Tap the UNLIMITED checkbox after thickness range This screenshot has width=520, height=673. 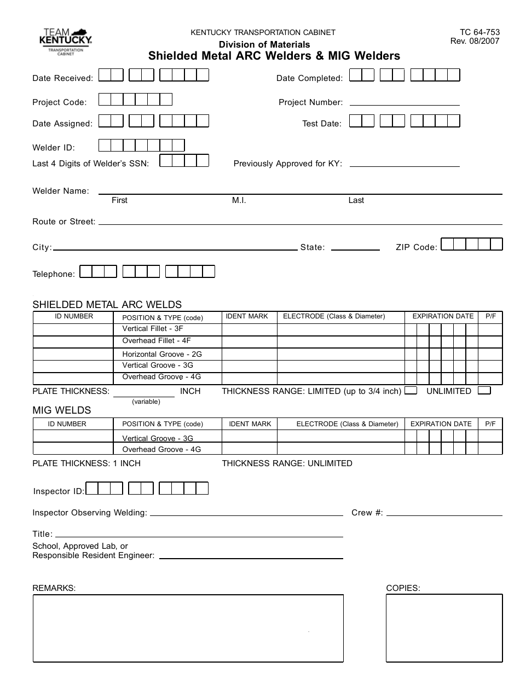[x=484, y=391]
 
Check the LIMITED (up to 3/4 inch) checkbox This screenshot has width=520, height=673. [x=411, y=391]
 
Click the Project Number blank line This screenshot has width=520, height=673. [x=404, y=102]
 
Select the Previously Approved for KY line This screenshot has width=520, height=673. [x=404, y=164]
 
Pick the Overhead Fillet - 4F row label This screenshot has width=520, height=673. [x=156, y=341]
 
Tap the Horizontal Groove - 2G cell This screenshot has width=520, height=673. [x=161, y=354]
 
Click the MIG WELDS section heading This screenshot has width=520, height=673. [x=62, y=410]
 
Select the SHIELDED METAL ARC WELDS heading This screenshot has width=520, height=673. [x=107, y=305]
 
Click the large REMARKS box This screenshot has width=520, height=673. [x=188, y=628]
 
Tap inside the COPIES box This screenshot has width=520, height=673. [x=444, y=628]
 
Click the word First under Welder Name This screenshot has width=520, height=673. [x=119, y=200]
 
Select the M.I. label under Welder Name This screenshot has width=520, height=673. [x=239, y=200]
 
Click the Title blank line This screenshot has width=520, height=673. [x=199, y=535]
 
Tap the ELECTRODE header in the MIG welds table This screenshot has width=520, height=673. [x=347, y=424]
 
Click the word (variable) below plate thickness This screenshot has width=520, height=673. [x=146, y=402]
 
